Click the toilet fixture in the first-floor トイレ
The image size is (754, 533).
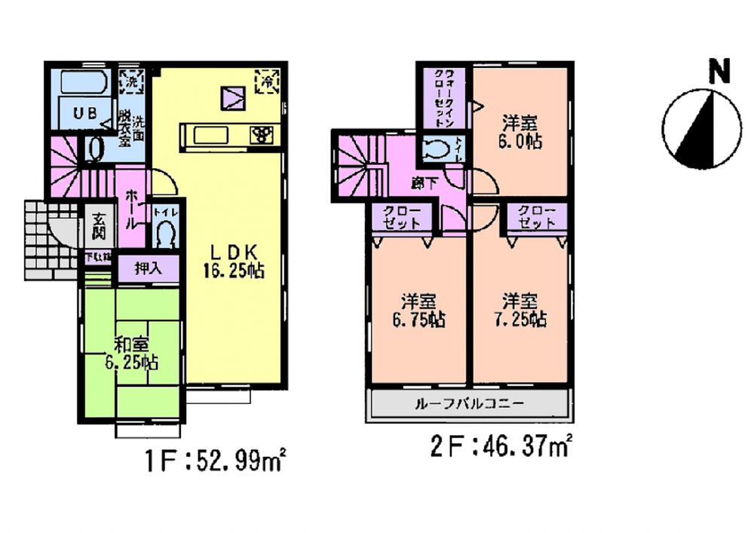(164, 235)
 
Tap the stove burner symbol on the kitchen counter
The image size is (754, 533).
(263, 136)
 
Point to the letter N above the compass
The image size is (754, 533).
(721, 71)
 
